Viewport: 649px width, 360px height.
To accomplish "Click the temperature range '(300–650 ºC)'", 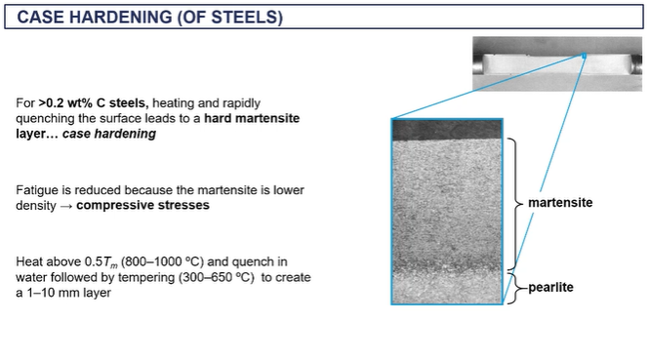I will (223, 278).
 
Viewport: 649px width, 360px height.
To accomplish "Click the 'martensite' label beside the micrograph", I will (560, 203).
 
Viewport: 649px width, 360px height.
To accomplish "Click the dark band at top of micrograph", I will (447, 128).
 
